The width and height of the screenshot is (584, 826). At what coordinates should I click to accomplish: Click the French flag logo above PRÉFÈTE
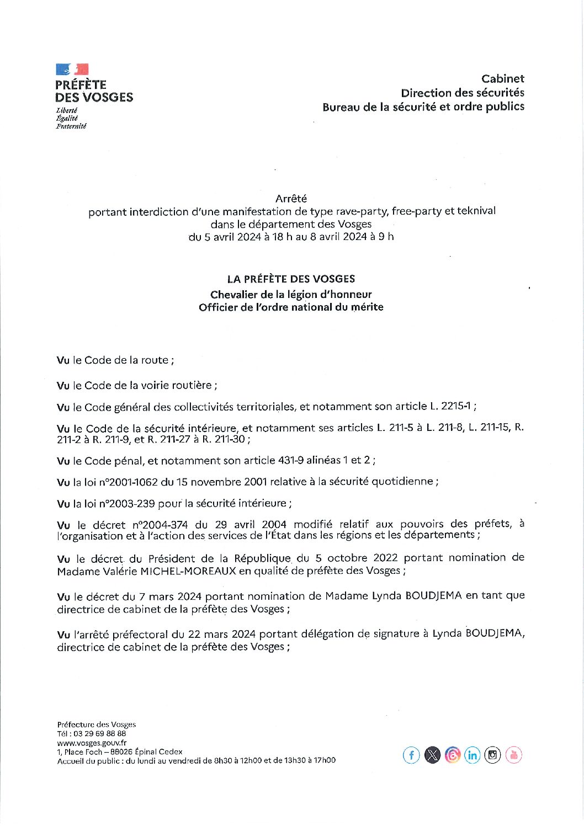72,70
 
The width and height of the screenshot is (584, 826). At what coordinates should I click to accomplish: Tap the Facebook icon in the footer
411,755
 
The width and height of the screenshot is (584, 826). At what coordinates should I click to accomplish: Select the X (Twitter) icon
432,755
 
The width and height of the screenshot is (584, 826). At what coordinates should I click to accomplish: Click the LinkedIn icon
472,755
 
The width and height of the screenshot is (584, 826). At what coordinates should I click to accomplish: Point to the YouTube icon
513,755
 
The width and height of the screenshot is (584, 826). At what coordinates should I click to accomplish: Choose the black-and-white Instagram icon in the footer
493,755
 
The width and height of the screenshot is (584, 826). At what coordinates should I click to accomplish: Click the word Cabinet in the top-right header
502,79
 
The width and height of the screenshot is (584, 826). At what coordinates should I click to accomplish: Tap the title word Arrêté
291,199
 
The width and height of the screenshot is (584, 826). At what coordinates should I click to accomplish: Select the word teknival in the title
476,211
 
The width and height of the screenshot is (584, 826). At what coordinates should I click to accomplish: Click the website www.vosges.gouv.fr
92,743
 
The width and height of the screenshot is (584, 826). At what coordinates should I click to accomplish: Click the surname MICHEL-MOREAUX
188,571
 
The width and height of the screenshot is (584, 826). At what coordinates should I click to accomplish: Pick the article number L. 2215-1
450,407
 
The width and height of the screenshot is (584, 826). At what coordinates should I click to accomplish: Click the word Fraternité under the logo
71,126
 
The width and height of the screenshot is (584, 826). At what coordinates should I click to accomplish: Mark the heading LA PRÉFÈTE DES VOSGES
291,279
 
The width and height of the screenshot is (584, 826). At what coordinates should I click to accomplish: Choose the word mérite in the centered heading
367,307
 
